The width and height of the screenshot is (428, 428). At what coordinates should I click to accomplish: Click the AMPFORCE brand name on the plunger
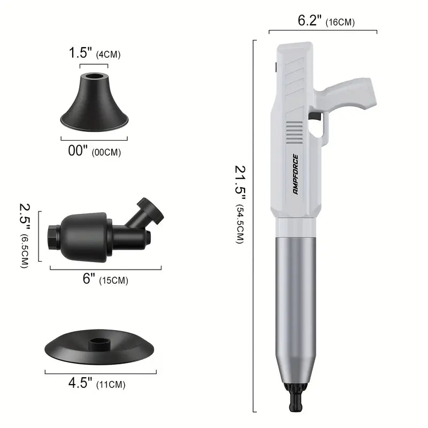tap(295, 174)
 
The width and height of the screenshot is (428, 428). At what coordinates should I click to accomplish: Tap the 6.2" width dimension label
tap(310, 20)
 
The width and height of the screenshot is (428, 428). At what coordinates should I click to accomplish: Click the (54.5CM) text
tap(239, 224)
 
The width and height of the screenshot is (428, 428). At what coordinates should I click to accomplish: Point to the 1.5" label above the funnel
tap(80, 52)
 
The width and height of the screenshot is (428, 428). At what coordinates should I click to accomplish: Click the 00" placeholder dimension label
tap(78, 150)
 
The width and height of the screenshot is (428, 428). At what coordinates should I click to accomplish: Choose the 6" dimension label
tap(89, 279)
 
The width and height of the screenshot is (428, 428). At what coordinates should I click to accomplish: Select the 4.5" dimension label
tap(80, 383)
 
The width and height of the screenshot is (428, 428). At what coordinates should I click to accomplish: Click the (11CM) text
tap(111, 385)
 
